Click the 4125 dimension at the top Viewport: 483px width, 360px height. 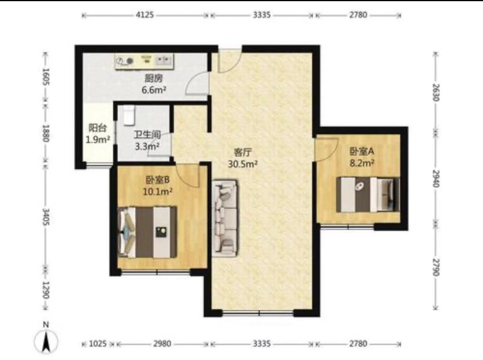click(145, 15)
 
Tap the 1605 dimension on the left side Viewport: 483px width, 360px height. click(46, 77)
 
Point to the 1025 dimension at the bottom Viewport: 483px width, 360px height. click(98, 344)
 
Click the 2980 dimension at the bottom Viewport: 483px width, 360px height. click(162, 344)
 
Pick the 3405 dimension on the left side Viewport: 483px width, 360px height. click(46, 217)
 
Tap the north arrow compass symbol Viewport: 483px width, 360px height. click(46, 339)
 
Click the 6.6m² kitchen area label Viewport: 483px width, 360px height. click(154, 90)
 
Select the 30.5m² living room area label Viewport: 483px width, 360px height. click(243, 164)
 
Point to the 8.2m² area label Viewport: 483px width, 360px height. click(362, 163)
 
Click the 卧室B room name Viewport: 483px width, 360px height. click(157, 180)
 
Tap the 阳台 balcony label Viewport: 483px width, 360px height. click(98, 128)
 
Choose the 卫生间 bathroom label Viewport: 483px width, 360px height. click(147, 135)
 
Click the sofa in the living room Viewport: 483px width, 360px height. click(225, 218)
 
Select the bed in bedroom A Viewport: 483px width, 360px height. click(368, 195)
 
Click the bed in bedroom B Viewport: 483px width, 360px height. click(147, 232)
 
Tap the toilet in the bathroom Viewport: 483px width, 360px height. click(129, 115)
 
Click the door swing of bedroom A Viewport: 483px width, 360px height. click(327, 150)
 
